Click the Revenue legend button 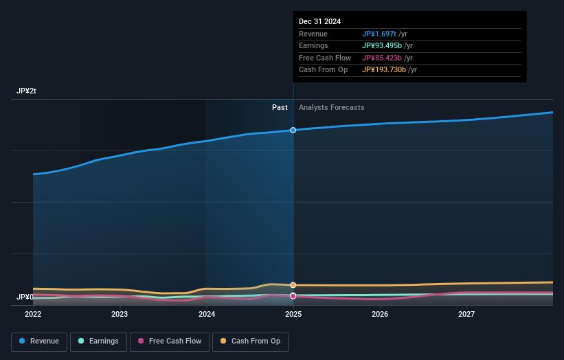39,341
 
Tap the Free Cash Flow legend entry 170,341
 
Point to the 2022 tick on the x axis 33,315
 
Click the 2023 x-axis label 120,315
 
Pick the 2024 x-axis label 207,315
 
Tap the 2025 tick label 293,315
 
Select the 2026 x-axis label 380,315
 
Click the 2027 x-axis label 466,315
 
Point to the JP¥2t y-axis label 27,91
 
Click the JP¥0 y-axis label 25,297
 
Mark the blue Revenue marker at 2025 293,130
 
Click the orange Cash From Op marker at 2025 293,284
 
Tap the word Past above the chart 280,108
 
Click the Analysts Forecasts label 331,108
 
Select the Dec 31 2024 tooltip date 319,22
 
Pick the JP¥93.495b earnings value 382,46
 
